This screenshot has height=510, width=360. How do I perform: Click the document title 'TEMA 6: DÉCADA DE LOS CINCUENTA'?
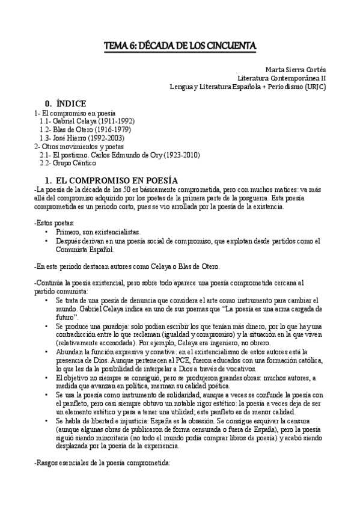[x=180, y=45]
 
